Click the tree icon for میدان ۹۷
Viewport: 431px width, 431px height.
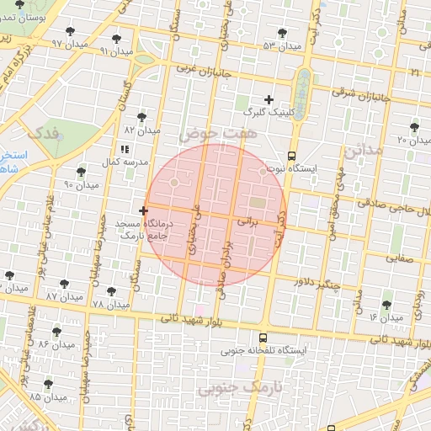[69, 32]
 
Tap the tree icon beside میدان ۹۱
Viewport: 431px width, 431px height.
[116, 39]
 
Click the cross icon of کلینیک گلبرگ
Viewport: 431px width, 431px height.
[269, 99]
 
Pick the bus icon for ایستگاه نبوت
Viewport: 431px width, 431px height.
[291, 156]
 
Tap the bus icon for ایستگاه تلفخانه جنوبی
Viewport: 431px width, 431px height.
[240, 338]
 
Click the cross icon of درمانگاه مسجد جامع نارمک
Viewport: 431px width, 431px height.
[143, 210]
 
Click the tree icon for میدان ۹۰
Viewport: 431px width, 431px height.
[81, 172]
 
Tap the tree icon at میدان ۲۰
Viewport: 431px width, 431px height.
[412, 126]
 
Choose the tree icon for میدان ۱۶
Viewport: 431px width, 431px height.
[386, 305]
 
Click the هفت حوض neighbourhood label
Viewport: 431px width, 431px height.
[210, 133]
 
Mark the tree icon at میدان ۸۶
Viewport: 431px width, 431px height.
[56, 332]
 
